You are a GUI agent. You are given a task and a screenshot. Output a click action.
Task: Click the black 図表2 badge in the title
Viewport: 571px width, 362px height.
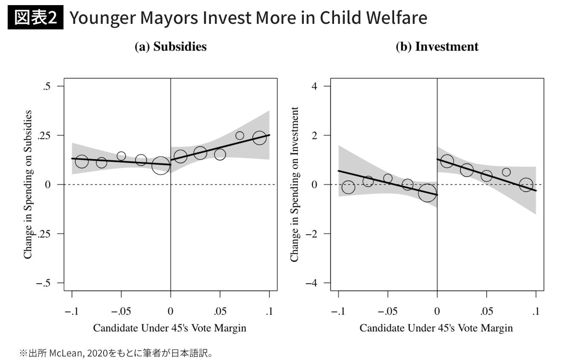point(35,18)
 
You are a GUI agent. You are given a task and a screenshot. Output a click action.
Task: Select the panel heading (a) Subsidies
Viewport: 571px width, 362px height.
point(170,47)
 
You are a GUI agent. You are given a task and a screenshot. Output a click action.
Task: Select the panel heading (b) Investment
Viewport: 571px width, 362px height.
point(437,47)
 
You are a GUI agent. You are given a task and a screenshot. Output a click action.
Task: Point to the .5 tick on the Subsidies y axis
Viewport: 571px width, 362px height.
point(46,86)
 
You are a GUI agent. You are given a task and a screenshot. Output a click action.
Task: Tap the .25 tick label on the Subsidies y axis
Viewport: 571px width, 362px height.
point(44,135)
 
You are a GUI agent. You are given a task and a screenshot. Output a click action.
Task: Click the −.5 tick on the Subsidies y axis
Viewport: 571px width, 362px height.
point(43,283)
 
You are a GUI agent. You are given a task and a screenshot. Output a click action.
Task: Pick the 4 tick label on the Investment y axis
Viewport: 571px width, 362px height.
point(314,86)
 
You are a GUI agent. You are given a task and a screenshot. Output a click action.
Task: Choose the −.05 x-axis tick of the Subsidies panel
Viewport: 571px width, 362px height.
point(121,312)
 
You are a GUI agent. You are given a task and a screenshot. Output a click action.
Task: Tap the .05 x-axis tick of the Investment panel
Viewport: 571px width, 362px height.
point(487,312)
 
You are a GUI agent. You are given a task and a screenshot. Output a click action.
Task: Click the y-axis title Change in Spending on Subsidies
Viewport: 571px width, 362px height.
point(28,184)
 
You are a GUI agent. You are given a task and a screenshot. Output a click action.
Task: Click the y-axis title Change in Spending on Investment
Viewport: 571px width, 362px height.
point(294,184)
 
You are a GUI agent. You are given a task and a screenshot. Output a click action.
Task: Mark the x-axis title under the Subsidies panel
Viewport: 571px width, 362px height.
point(170,328)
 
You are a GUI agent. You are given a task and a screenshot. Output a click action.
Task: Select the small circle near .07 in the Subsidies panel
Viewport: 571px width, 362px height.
point(239,135)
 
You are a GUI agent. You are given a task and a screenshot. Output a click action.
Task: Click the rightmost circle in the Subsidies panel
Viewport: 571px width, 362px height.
point(259,138)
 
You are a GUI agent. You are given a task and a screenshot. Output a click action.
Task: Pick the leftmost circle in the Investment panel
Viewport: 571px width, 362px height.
point(348,187)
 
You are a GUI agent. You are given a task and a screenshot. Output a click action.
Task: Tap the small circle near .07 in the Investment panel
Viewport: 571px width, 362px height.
point(506,172)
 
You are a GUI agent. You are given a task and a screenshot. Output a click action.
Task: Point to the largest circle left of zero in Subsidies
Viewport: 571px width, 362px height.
point(161,165)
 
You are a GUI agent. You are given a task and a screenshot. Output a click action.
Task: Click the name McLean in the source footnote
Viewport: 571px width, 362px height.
point(63,353)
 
